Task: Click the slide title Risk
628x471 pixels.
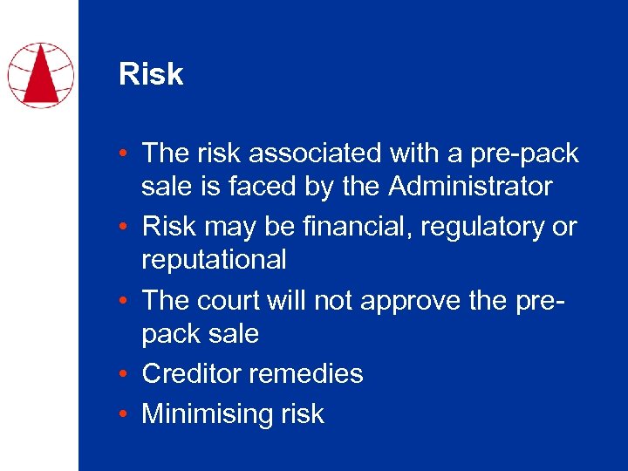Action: click(x=151, y=74)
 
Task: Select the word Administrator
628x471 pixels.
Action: click(x=470, y=186)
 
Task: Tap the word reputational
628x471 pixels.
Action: click(x=214, y=259)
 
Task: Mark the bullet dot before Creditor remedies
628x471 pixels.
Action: click(x=128, y=374)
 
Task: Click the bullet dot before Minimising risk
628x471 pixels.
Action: click(x=128, y=413)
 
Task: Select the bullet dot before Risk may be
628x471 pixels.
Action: click(x=128, y=227)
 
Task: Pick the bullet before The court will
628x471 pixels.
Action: click(x=128, y=300)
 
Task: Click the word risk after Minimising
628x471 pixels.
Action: click(x=303, y=413)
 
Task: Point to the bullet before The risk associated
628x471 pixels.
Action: click(x=128, y=154)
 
